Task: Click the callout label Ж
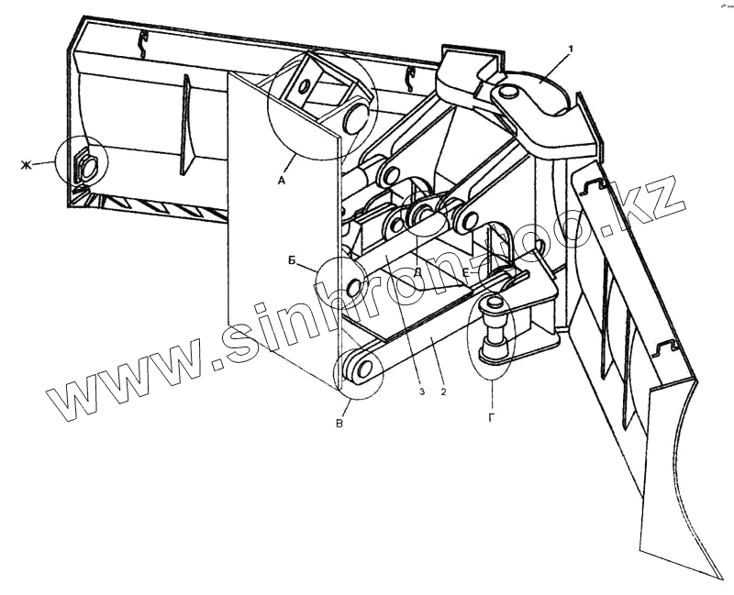pos(26,165)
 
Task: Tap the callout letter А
pos(282,182)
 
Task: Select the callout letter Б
pos(292,260)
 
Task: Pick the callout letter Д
pos(417,272)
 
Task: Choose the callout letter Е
pos(465,272)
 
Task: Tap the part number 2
pos(443,391)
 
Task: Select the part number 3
pos(421,391)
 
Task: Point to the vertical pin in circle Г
pos(493,330)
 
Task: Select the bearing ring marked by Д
pos(424,214)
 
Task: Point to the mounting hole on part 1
pos(506,92)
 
